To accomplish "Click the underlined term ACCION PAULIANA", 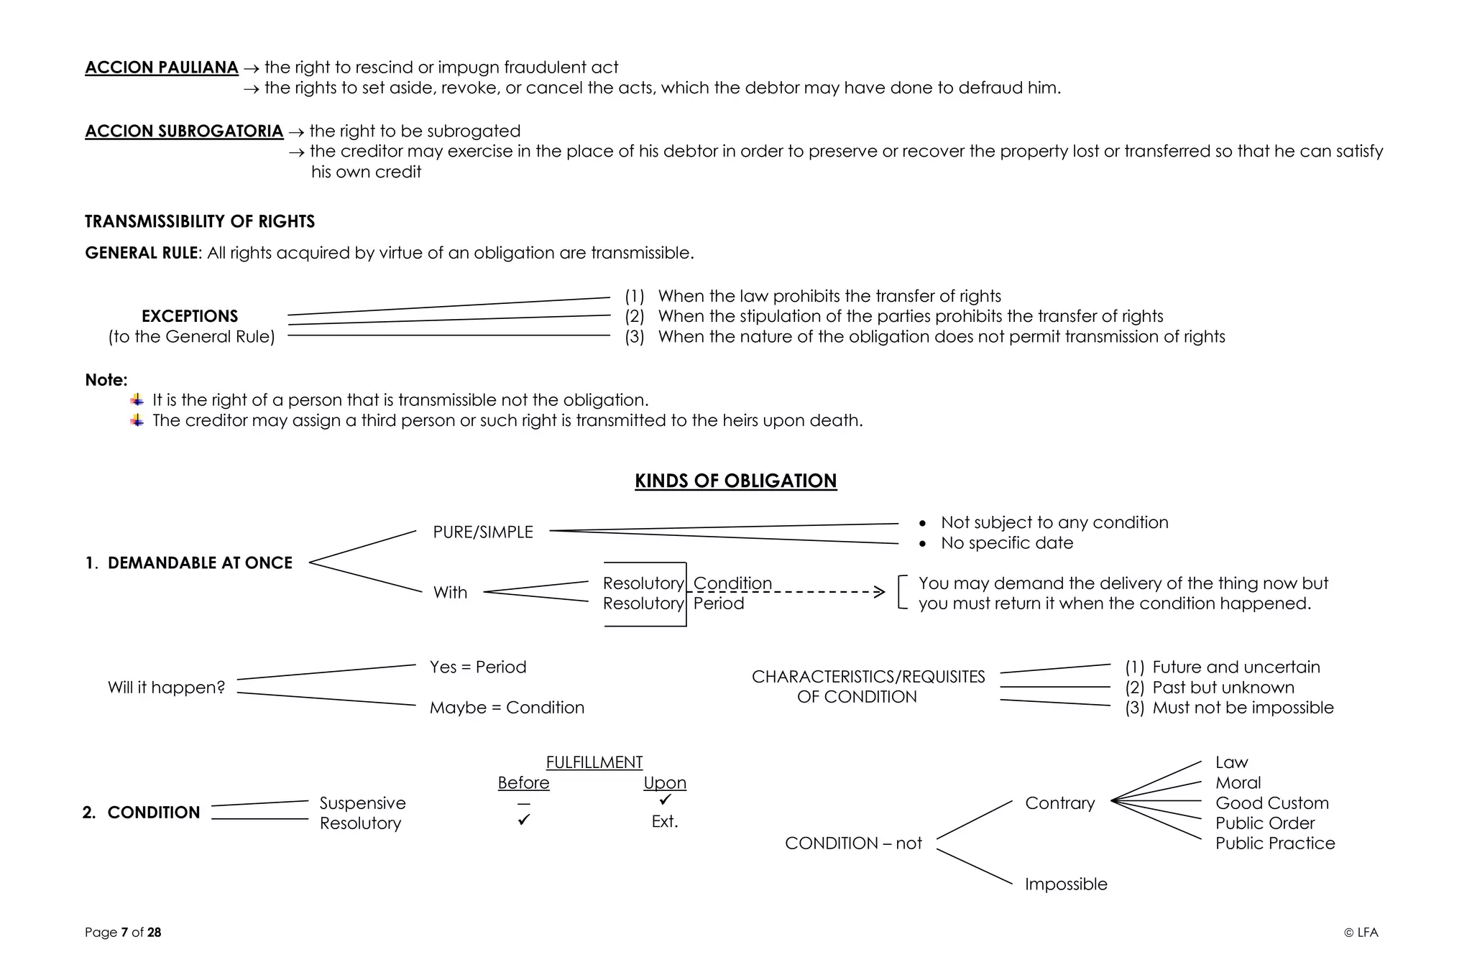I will pos(161,68).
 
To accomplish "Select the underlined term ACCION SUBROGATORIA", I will pos(184,131).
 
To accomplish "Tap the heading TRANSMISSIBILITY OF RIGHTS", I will pos(200,221).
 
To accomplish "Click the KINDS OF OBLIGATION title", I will pos(735,481).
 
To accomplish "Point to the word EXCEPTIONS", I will pos(190,316).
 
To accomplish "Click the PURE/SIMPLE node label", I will pos(483,532).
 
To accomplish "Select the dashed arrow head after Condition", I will pos(879,592).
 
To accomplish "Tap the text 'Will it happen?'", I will pos(166,688).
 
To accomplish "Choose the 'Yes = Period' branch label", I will pos(478,667).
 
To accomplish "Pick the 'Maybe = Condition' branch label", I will pos(507,708).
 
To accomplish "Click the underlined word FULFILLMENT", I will pos(594,762).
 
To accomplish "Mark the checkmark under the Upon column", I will pos(666,799).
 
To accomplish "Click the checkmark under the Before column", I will pos(524,820).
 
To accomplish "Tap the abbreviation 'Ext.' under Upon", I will pos(665,821).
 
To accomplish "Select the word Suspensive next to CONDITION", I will pos(362,803).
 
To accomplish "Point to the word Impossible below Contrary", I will pos(1066,884).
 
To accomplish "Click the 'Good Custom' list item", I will pos(1271,803).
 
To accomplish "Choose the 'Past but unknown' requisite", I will pos(1223,688).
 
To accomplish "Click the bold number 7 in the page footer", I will pos(124,933).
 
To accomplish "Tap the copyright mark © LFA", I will pos(1361,933).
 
